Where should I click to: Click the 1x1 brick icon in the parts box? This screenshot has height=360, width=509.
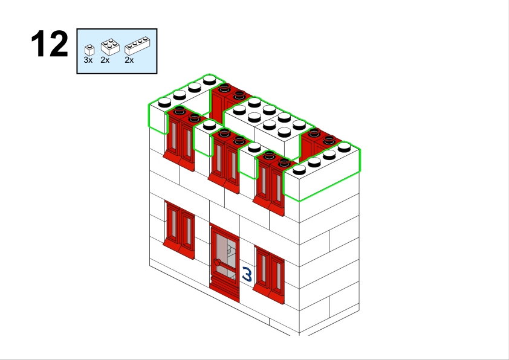point(89,50)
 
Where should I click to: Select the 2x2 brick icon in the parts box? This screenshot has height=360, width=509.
point(110,47)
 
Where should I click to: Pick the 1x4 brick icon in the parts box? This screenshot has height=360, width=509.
point(137,47)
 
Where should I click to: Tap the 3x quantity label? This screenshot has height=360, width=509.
point(88,60)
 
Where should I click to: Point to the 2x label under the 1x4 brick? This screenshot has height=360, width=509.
point(129,60)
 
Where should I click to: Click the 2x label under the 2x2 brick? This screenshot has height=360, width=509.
point(105,60)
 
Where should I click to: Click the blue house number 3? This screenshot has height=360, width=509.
point(247,274)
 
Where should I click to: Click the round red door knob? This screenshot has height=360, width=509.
point(218,262)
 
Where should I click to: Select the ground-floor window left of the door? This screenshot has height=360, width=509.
point(179,230)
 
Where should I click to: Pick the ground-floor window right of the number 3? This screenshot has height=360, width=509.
point(269,275)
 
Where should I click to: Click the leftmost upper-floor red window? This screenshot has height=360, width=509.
point(179,140)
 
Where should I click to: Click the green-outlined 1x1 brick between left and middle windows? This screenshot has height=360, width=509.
point(204,137)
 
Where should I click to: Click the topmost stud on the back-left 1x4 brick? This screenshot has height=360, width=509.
point(210,79)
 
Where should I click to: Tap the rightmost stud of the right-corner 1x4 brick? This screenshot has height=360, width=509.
point(344,147)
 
